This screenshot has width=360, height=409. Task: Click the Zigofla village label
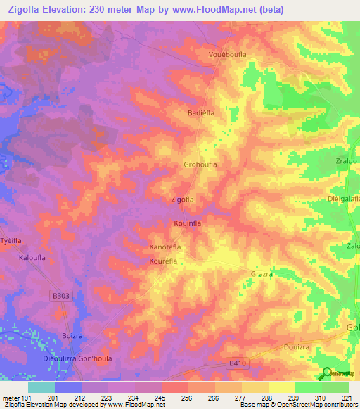pyautogui.click(x=182, y=200)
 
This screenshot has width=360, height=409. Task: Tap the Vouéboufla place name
pyautogui.click(x=226, y=55)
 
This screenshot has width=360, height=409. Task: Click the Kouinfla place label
pyautogui.click(x=188, y=223)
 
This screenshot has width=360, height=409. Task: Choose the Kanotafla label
pyautogui.click(x=166, y=247)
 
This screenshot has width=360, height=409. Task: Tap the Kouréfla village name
pyautogui.click(x=162, y=261)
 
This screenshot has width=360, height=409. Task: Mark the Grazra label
pyautogui.click(x=262, y=274)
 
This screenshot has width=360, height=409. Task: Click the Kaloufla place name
pyautogui.click(x=32, y=258)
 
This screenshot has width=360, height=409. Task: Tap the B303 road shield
pyautogui.click(x=62, y=297)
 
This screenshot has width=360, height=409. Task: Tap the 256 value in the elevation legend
pyautogui.click(x=187, y=398)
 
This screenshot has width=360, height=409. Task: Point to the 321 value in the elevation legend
pyautogui.click(x=347, y=398)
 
